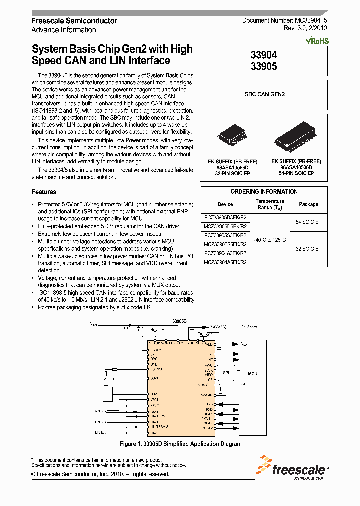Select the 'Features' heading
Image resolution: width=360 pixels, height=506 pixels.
(x=44, y=192)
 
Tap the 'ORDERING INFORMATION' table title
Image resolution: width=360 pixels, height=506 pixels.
(x=264, y=192)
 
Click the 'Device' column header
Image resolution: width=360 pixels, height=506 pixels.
(x=225, y=204)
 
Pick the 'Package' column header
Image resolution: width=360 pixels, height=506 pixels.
(x=308, y=204)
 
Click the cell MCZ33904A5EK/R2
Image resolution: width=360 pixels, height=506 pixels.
(x=225, y=262)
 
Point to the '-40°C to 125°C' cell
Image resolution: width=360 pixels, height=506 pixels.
(x=270, y=240)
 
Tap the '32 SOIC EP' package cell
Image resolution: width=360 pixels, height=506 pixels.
(x=308, y=249)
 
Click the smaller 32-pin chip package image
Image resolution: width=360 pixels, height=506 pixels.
(x=233, y=137)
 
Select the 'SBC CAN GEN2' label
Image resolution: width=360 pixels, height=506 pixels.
(x=264, y=94)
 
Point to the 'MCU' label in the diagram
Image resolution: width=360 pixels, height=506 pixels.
(x=252, y=373)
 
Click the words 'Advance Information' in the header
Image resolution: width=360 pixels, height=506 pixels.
(x=63, y=30)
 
